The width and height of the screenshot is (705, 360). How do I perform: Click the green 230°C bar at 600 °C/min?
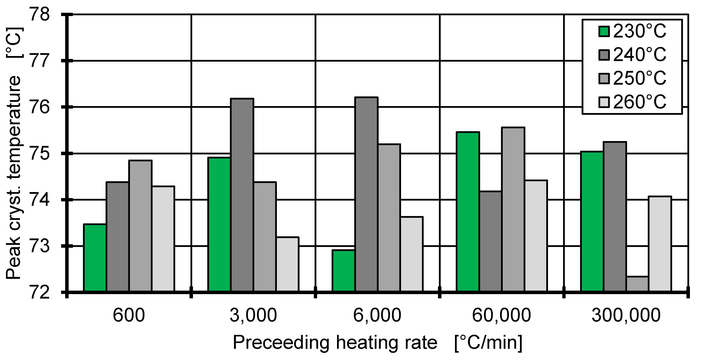click(x=95, y=258)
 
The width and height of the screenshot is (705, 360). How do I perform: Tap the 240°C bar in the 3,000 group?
click(x=242, y=195)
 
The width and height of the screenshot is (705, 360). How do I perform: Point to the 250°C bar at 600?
click(x=140, y=226)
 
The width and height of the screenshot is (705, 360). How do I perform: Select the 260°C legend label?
click(x=640, y=102)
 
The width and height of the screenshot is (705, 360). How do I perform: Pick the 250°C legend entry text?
click(x=640, y=78)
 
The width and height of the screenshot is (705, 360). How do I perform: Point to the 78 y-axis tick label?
click(x=40, y=14)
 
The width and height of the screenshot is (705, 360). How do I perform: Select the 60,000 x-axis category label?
click(x=501, y=315)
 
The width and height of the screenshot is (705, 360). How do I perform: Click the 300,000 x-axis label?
click(x=626, y=315)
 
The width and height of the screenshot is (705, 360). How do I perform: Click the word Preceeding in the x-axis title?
click(x=281, y=342)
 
